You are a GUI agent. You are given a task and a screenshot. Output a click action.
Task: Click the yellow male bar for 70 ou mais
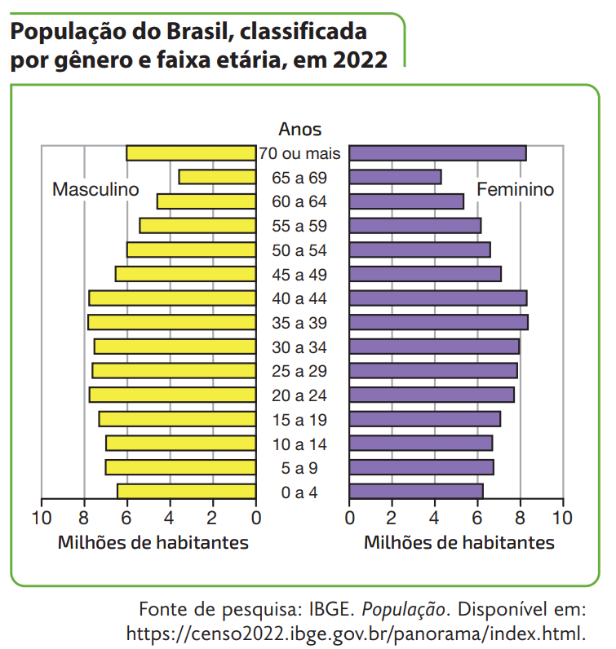pos(191,153)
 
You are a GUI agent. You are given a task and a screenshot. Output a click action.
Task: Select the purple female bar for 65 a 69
pos(396,177)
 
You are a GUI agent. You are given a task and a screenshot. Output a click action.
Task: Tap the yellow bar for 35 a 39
pos(172,322)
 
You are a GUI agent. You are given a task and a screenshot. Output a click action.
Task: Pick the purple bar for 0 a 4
pos(416,491)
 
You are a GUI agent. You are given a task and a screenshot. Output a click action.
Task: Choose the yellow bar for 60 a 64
pos(206,201)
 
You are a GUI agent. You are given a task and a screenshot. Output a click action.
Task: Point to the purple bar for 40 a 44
pos(438,298)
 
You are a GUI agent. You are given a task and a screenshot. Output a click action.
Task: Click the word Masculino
pos(96,189)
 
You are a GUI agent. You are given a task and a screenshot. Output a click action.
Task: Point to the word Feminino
pos(515,189)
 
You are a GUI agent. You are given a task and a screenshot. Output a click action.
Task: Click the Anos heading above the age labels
pos(300,129)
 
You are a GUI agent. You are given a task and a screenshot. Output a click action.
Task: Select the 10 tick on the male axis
pos(41,518)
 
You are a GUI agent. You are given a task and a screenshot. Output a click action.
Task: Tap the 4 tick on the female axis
pos(434,518)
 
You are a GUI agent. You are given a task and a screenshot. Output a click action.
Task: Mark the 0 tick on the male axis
pos(255,518)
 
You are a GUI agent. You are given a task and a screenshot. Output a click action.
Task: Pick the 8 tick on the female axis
pos(520,518)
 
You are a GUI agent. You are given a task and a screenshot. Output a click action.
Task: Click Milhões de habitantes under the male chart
pos(153,542)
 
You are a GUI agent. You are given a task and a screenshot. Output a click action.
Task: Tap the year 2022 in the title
pos(360,60)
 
